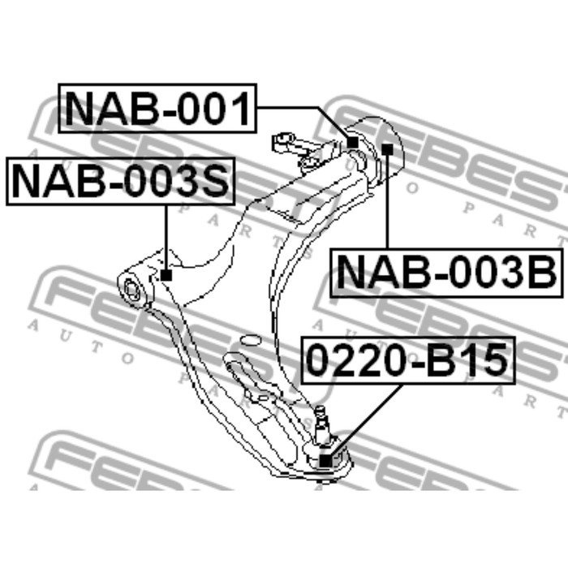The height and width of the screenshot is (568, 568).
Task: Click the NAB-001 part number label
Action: tap(157, 108)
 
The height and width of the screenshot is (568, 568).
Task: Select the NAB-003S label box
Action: tap(121, 181)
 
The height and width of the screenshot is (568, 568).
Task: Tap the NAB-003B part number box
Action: tap(447, 273)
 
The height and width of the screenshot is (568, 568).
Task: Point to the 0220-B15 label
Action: tap(408, 360)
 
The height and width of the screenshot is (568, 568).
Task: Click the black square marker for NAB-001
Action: tap(352, 142)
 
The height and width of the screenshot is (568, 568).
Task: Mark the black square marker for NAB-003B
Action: tap(387, 148)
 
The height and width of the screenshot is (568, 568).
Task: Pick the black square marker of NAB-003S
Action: tap(166, 275)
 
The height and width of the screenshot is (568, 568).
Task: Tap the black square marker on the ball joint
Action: tap(325, 461)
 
